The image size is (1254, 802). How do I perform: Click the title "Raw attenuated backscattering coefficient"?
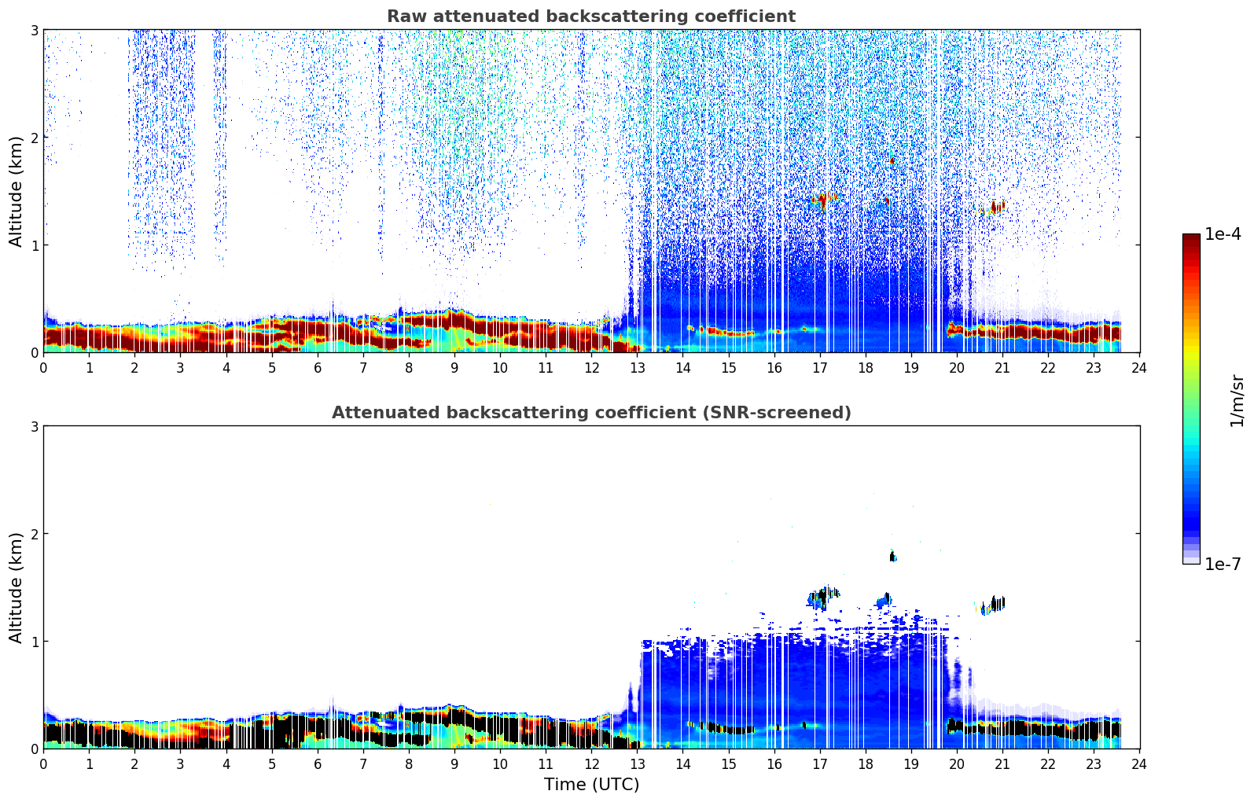click(x=590, y=17)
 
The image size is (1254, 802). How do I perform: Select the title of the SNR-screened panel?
click(x=590, y=413)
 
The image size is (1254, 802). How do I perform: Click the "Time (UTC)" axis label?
click(x=591, y=785)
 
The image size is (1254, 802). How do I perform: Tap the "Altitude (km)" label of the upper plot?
click(x=16, y=191)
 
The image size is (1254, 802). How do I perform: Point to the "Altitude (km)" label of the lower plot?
click(x=16, y=587)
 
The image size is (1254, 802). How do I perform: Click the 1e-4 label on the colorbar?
click(x=1223, y=234)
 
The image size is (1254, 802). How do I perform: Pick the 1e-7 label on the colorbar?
click(x=1223, y=564)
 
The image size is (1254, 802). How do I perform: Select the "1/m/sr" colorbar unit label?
click(x=1237, y=401)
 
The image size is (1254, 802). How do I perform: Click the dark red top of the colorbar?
click(x=1191, y=238)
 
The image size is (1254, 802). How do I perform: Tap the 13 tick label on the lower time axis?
click(x=637, y=764)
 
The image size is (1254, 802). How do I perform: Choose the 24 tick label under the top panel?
click(x=1139, y=368)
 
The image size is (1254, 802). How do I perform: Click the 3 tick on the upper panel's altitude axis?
click(x=35, y=30)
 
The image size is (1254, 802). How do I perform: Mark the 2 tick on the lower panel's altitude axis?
click(x=35, y=534)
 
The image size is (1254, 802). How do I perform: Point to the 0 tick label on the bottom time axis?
click(x=43, y=764)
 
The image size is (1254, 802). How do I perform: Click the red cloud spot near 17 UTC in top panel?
click(x=822, y=200)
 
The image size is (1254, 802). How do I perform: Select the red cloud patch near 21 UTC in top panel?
click(x=997, y=208)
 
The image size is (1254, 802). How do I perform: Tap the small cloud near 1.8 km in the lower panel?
click(x=892, y=557)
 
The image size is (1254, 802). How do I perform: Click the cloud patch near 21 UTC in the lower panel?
click(x=996, y=604)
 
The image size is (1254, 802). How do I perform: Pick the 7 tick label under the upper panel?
click(x=363, y=368)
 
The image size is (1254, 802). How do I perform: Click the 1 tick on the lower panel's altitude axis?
click(x=35, y=642)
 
